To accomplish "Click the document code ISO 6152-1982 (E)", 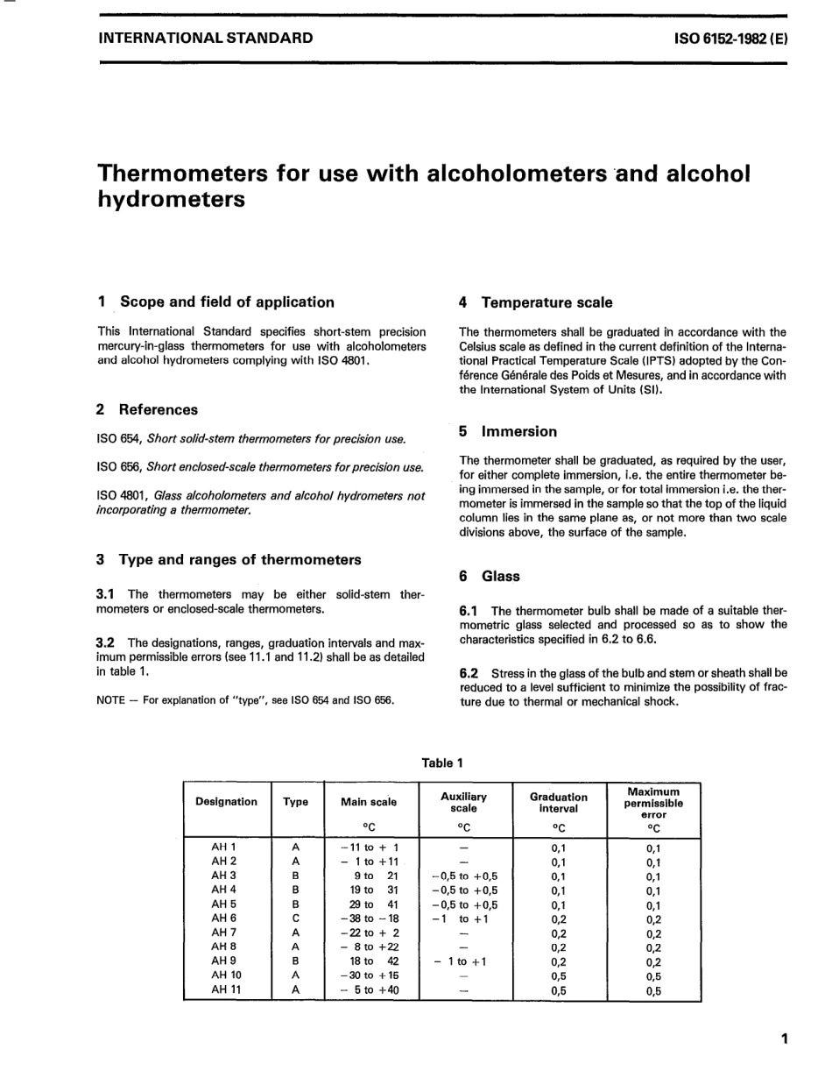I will (730, 39).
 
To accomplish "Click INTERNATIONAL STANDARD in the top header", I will (205, 39).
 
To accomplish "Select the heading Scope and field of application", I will (226, 302).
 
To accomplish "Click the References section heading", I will (158, 409).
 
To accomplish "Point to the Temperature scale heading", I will (546, 302).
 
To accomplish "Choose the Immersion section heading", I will (518, 431).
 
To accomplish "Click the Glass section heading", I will (500, 576).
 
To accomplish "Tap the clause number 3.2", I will (107, 642).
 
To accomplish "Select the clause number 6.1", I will (469, 610).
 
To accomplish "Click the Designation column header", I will (226, 801).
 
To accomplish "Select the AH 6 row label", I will (224, 919).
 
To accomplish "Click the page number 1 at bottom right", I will (784, 1039).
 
